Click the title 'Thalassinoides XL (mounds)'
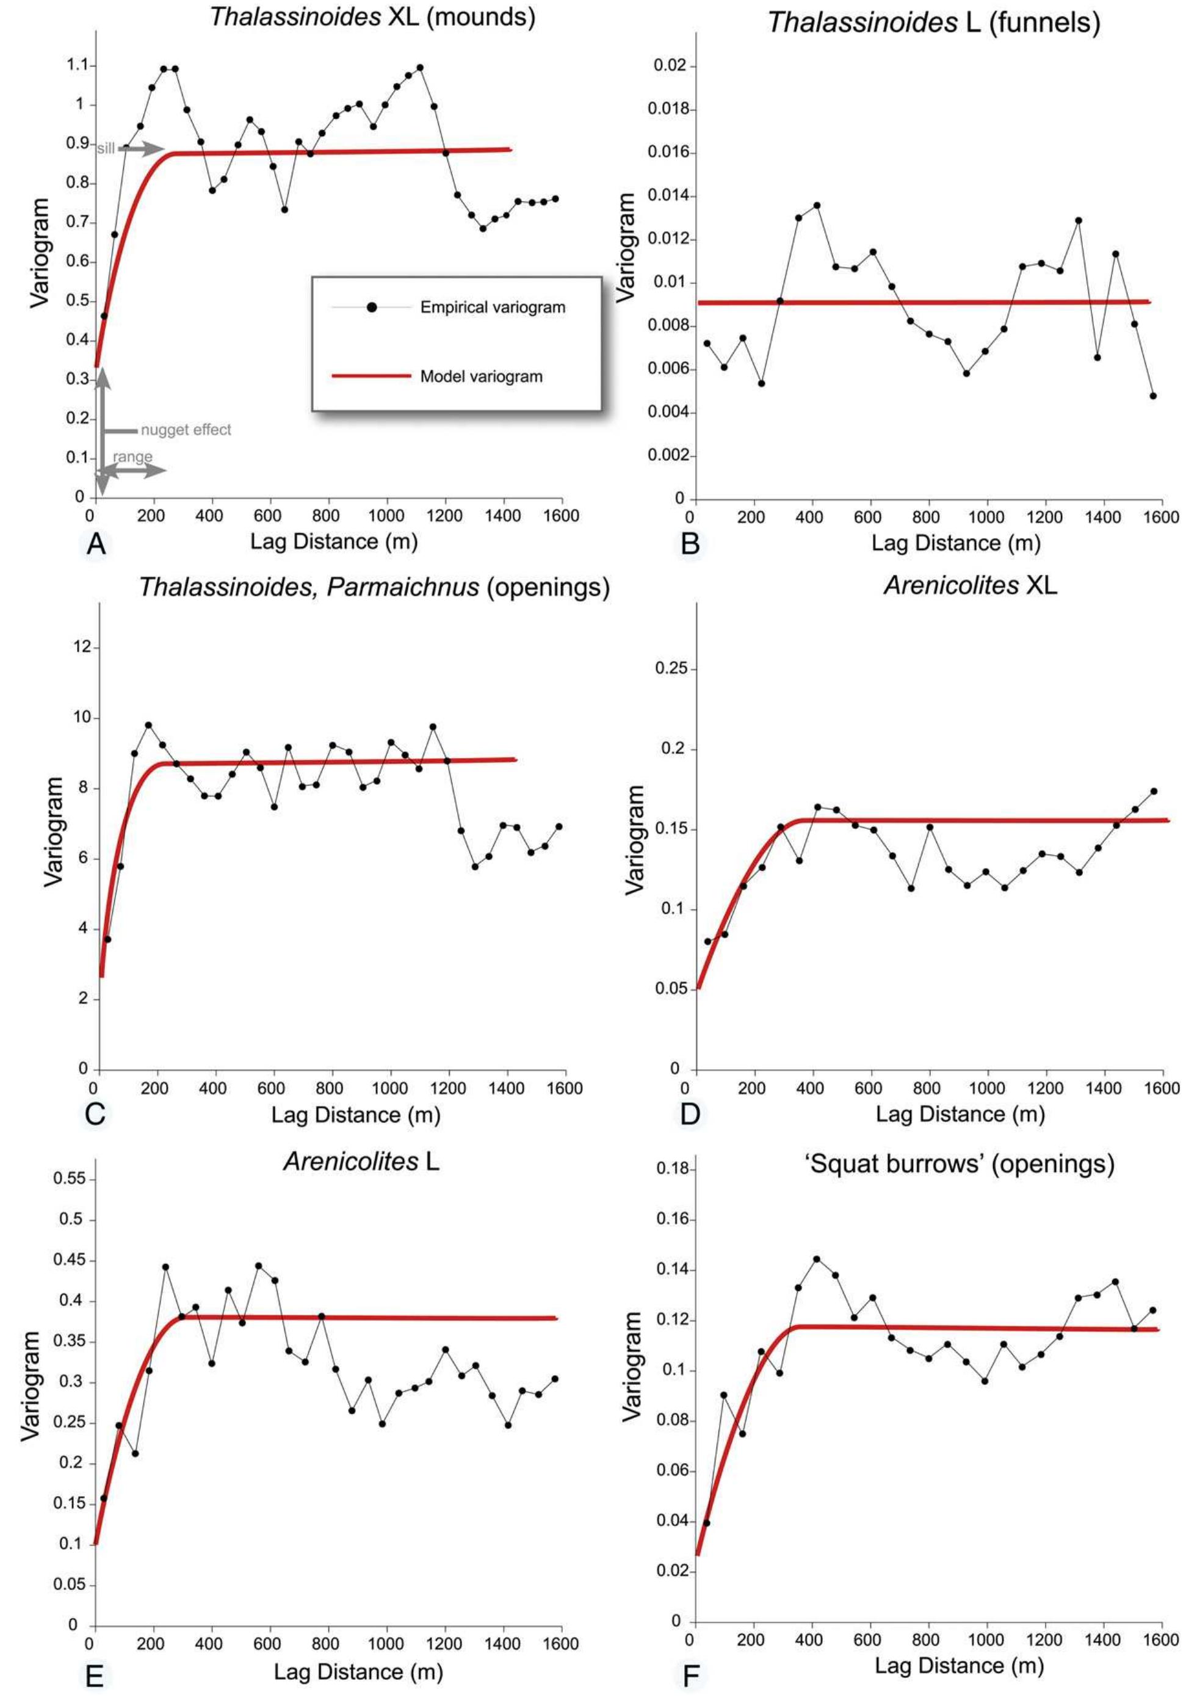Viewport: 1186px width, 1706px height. pyautogui.click(x=372, y=16)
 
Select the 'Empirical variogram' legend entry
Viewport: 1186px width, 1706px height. pyautogui.click(x=492, y=307)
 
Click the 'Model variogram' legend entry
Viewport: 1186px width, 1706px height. pyautogui.click(x=481, y=376)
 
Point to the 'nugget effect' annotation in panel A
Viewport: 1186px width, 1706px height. pyautogui.click(x=186, y=430)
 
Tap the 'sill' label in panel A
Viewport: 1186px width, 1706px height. pyautogui.click(x=106, y=148)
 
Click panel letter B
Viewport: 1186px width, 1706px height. pyautogui.click(x=690, y=544)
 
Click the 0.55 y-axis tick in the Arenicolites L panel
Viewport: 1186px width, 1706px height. pyautogui.click(x=71, y=1179)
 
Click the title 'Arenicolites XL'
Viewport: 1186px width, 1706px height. pyautogui.click(x=970, y=585)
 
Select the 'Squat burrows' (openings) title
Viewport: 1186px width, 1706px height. pyautogui.click(x=960, y=1163)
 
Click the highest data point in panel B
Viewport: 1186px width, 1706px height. pyautogui.click(x=817, y=205)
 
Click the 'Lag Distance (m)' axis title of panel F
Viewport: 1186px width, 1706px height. pyautogui.click(x=958, y=1666)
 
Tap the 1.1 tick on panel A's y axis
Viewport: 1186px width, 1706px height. pyautogui.click(x=76, y=65)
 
